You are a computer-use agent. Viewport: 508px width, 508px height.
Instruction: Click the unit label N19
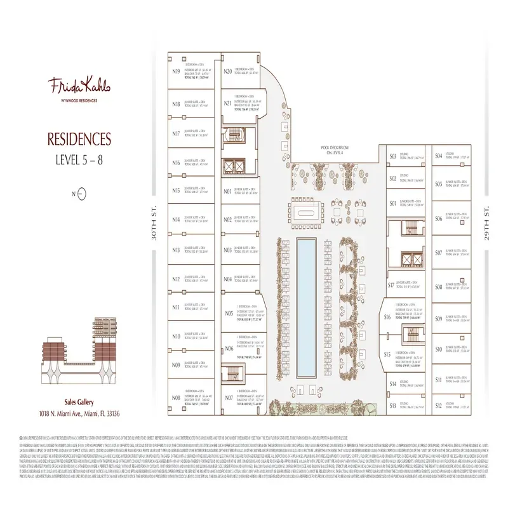[x=176, y=72]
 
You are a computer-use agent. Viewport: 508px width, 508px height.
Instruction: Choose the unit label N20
[x=227, y=72]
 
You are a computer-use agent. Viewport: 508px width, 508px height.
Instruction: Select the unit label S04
[x=438, y=156]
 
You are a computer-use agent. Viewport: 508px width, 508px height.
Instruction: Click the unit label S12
[x=438, y=405]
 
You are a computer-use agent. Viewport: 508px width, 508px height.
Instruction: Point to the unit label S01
[x=393, y=204]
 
